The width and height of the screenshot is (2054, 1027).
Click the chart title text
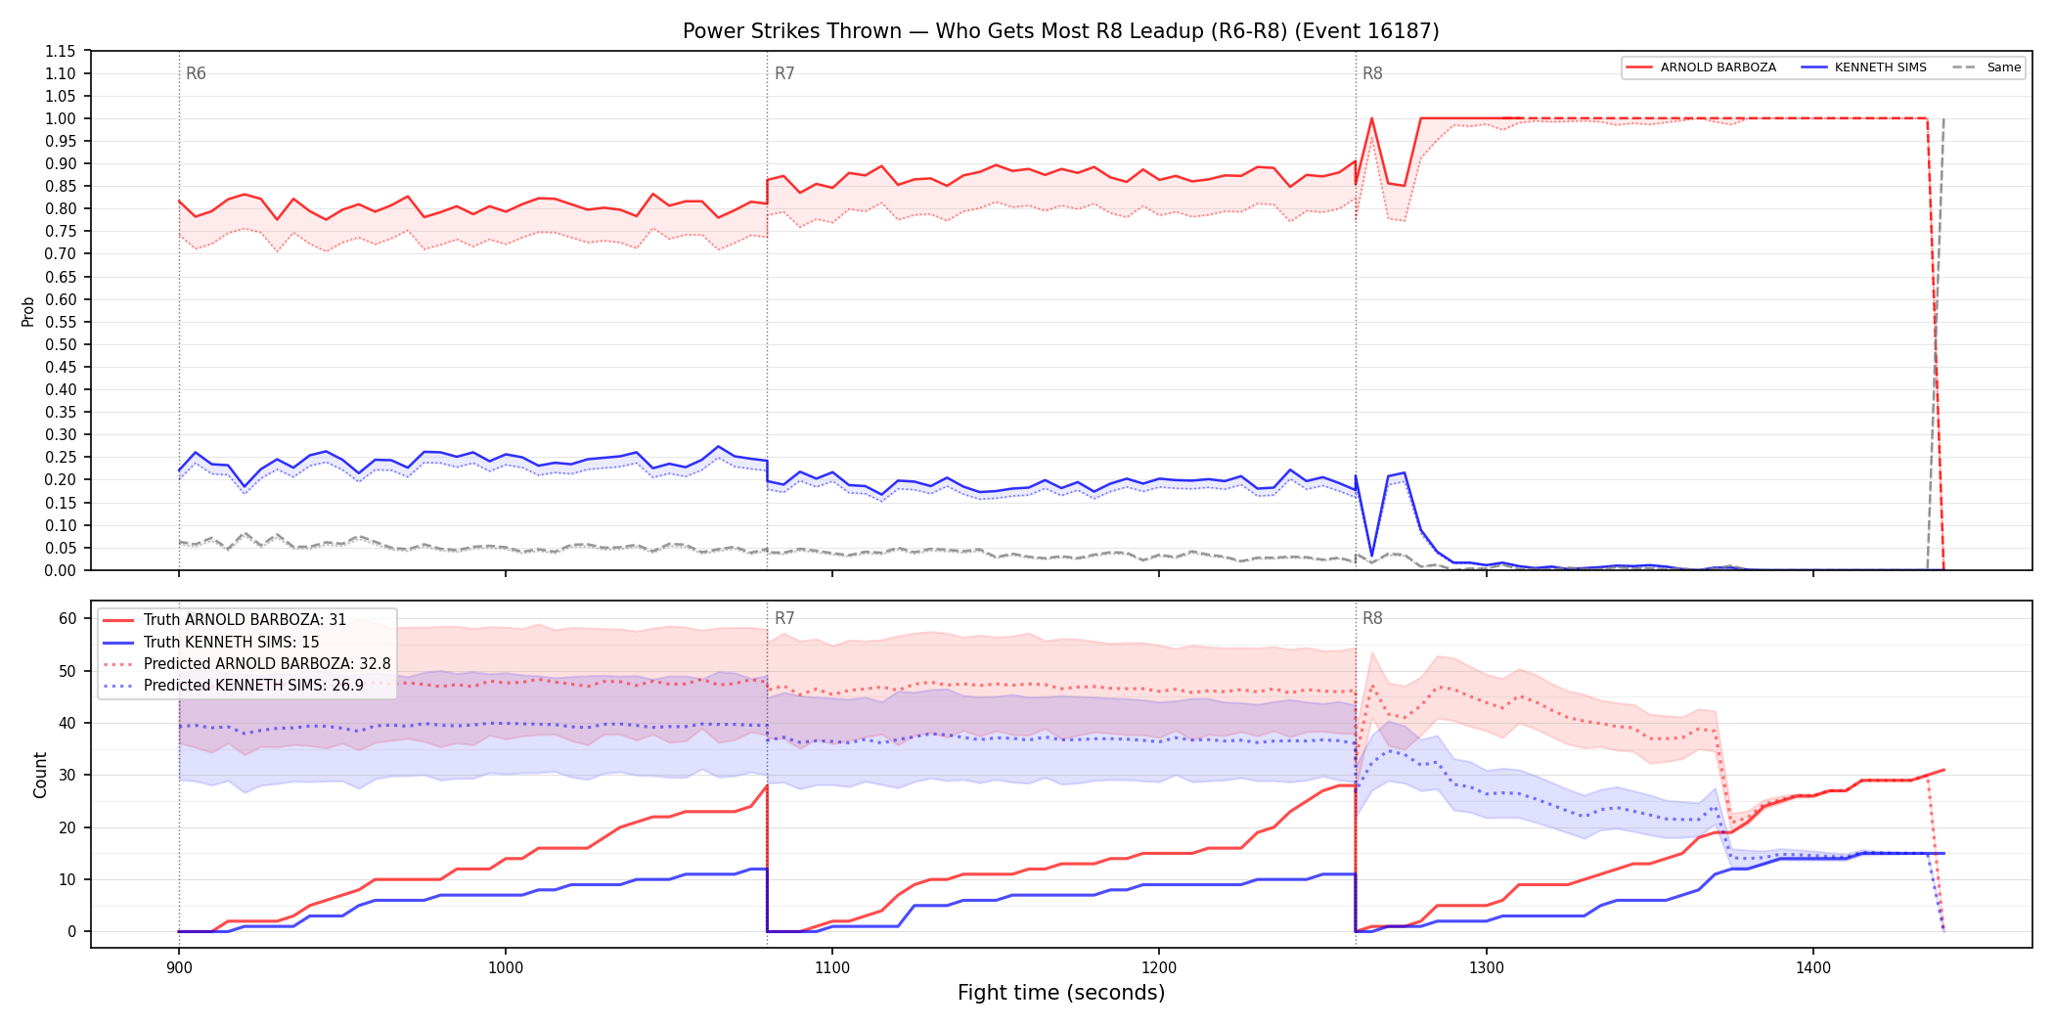click(1061, 31)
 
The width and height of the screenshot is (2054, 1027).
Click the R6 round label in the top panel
click(196, 73)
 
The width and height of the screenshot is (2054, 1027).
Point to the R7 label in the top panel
click(784, 73)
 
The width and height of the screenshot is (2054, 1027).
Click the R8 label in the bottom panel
click(1372, 618)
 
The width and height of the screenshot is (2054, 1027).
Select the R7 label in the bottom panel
click(784, 618)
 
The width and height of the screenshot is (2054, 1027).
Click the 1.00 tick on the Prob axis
click(61, 118)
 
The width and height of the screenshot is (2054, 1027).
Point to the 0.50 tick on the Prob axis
click(61, 344)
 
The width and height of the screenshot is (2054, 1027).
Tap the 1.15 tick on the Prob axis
click(61, 51)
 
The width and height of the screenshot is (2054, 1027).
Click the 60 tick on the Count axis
click(67, 618)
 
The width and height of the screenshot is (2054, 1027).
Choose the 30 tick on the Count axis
click(67, 775)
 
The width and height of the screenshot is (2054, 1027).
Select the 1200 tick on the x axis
click(1159, 968)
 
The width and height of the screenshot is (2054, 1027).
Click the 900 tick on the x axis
click(179, 968)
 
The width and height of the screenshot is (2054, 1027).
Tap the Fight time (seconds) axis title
click(1061, 993)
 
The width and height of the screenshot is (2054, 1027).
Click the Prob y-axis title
click(28, 311)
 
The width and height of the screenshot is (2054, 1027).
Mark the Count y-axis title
click(40, 775)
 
